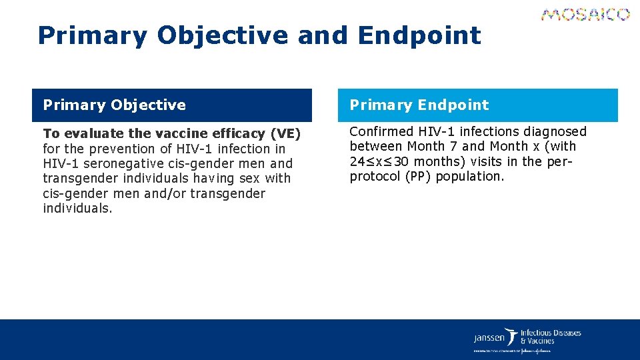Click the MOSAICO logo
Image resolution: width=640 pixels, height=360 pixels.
coord(585,15)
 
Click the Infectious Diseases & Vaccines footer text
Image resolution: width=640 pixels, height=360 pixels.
coord(550,337)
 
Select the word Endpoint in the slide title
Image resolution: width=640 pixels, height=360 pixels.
coord(419,35)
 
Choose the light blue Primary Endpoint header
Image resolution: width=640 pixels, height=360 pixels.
coord(477,105)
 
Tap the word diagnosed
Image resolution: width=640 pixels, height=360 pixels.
coord(555,132)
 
